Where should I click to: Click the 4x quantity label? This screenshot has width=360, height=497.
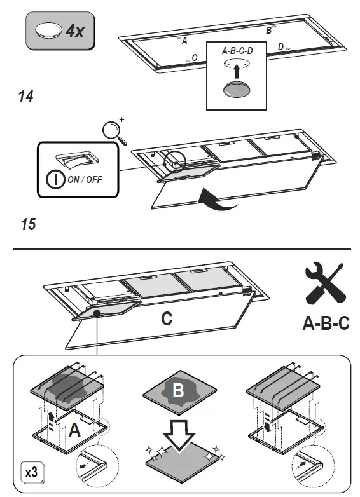pyautogui.click(x=74, y=31)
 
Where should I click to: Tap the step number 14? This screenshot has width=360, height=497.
pyautogui.click(x=25, y=97)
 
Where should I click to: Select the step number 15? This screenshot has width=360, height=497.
pyautogui.click(x=27, y=224)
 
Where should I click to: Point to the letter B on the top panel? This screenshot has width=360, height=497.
pyautogui.click(x=268, y=31)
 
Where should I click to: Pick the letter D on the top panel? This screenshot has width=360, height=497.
pyautogui.click(x=280, y=47)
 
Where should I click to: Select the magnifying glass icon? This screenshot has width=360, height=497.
pyautogui.click(x=113, y=130)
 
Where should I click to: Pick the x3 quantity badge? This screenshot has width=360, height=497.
pyautogui.click(x=31, y=473)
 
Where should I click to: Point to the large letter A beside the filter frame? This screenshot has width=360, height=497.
pyautogui.click(x=74, y=431)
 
